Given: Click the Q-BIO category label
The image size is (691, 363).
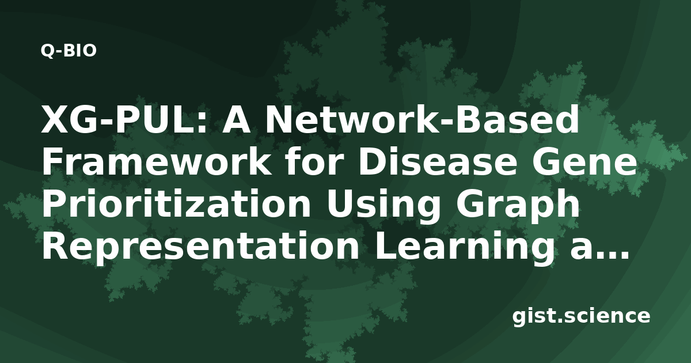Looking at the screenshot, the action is [69, 51].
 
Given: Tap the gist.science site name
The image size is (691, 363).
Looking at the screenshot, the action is [581, 317].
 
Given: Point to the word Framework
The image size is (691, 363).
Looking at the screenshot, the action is [156, 161].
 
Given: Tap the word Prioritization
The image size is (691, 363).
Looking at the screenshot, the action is [176, 203].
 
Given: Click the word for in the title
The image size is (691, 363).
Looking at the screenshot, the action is [314, 161].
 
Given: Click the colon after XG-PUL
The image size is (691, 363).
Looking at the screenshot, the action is [202, 123].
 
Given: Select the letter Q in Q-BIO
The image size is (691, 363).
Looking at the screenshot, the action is [47, 51].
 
